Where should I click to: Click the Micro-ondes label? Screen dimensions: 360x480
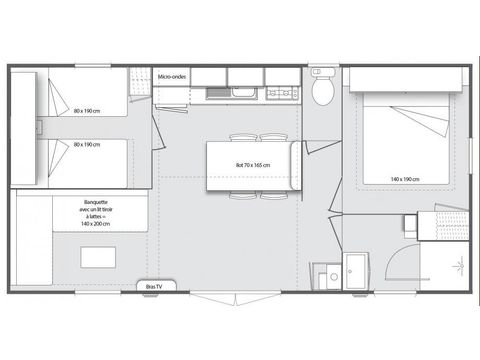(173, 76)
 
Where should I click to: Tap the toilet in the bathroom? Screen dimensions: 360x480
(322, 90)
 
